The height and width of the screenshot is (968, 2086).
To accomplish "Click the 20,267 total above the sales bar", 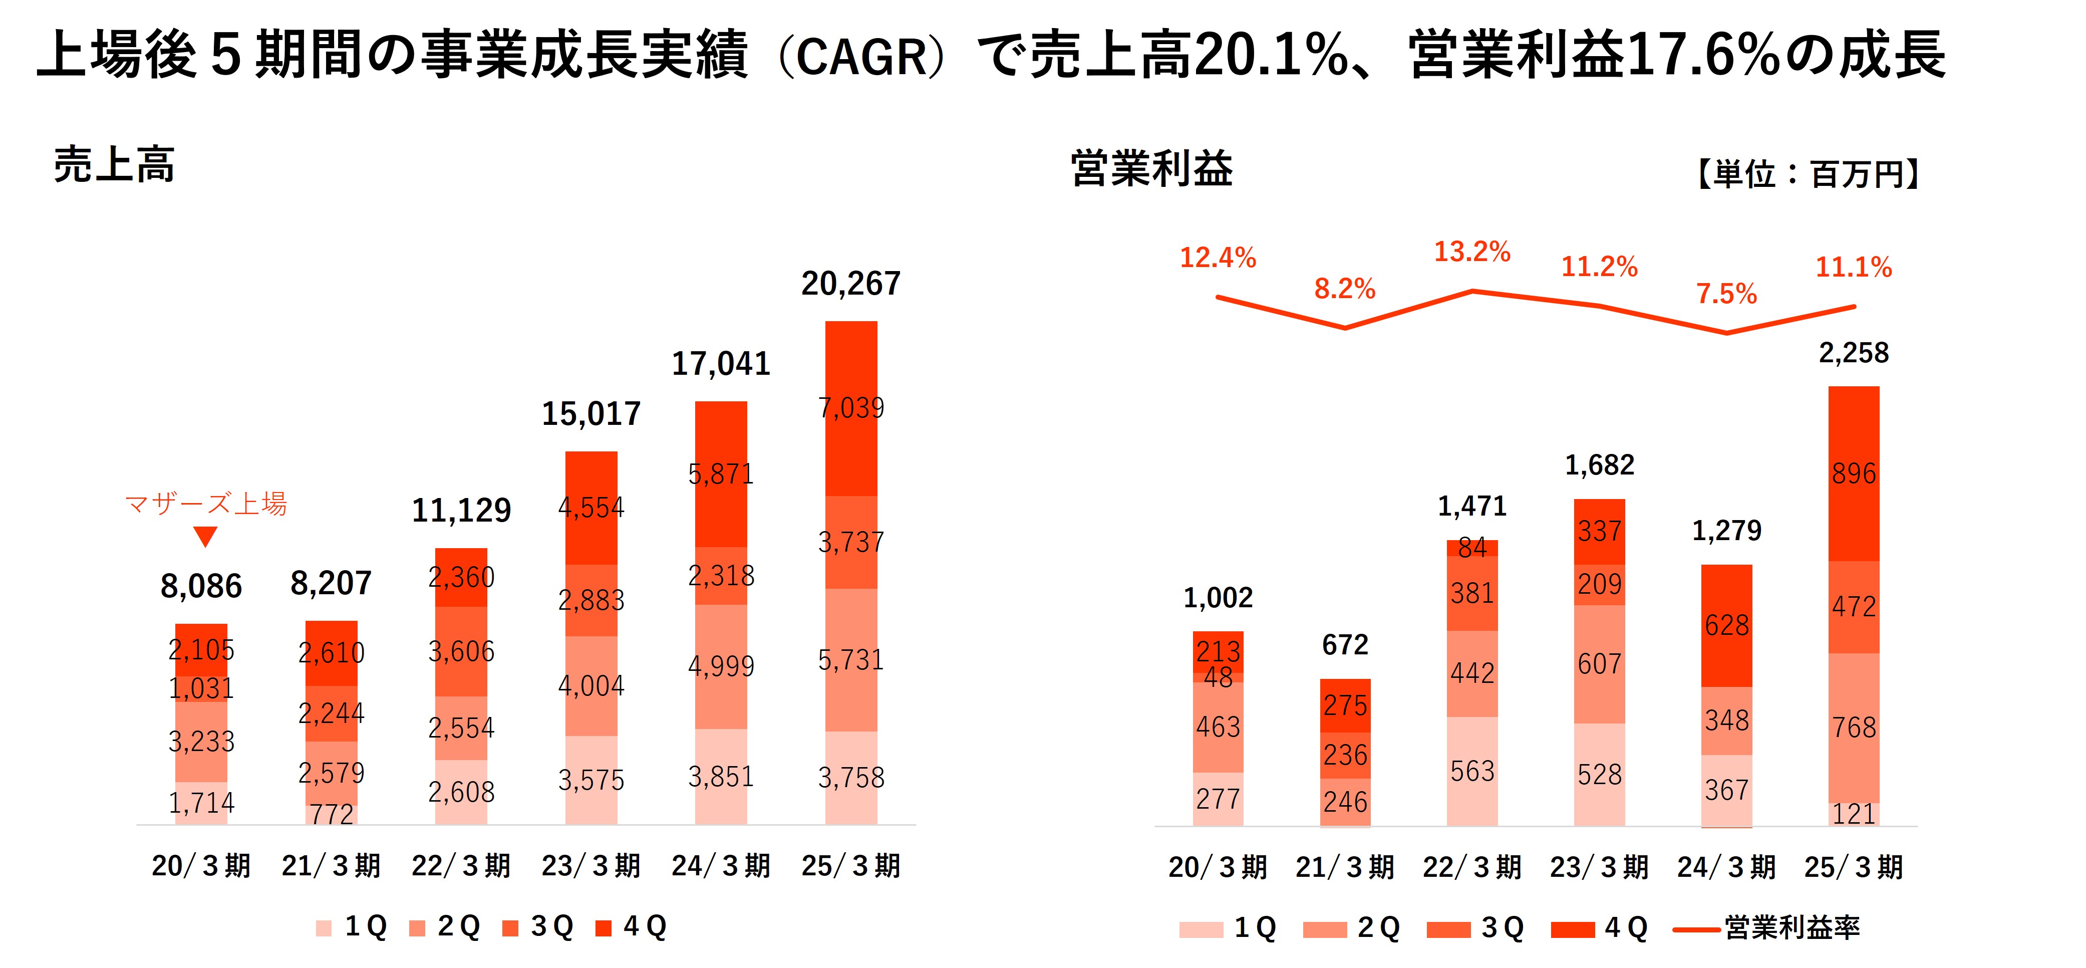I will tap(850, 284).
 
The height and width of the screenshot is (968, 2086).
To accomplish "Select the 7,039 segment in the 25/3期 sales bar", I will tap(851, 407).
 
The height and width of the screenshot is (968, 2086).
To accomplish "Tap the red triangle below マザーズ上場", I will tap(206, 536).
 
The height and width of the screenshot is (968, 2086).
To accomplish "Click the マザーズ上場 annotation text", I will tap(206, 504).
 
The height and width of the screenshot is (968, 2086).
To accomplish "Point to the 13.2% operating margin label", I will tap(1471, 252).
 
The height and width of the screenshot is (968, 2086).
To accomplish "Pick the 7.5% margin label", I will tap(1726, 293).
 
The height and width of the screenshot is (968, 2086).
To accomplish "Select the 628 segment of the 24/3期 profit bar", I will tap(1726, 625).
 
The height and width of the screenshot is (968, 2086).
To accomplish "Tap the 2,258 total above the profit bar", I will tap(1854, 353).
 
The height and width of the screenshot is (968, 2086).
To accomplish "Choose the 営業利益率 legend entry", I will tap(1791, 927).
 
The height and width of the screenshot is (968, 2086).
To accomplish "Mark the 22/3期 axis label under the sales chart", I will tap(461, 866).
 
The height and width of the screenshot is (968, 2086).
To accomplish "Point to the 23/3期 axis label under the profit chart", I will tap(1599, 868).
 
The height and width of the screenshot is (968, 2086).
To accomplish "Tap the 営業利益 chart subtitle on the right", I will tap(1151, 168).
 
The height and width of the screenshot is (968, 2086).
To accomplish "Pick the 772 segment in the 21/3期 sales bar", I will tap(331, 813).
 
